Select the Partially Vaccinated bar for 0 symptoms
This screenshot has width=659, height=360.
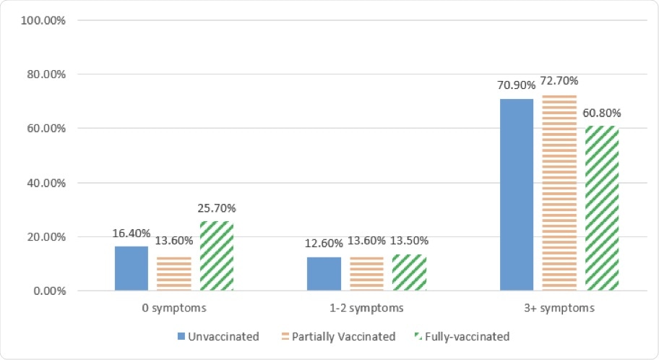[173, 273]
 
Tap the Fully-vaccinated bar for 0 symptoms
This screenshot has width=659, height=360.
[216, 257]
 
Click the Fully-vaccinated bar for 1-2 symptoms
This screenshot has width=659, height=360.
[409, 273]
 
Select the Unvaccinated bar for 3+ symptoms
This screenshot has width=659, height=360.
[516, 195]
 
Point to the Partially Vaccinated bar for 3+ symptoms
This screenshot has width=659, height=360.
[559, 193]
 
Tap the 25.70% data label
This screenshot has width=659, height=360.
[216, 208]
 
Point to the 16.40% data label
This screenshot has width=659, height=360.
[131, 233]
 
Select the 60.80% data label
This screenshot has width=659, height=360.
[601, 113]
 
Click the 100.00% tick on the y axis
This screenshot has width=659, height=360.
[45, 20]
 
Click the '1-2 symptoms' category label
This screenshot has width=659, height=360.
[366, 308]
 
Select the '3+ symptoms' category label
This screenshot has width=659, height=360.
[559, 308]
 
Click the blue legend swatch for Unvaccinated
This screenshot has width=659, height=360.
[181, 337]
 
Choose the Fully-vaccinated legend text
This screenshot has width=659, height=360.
[468, 337]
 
